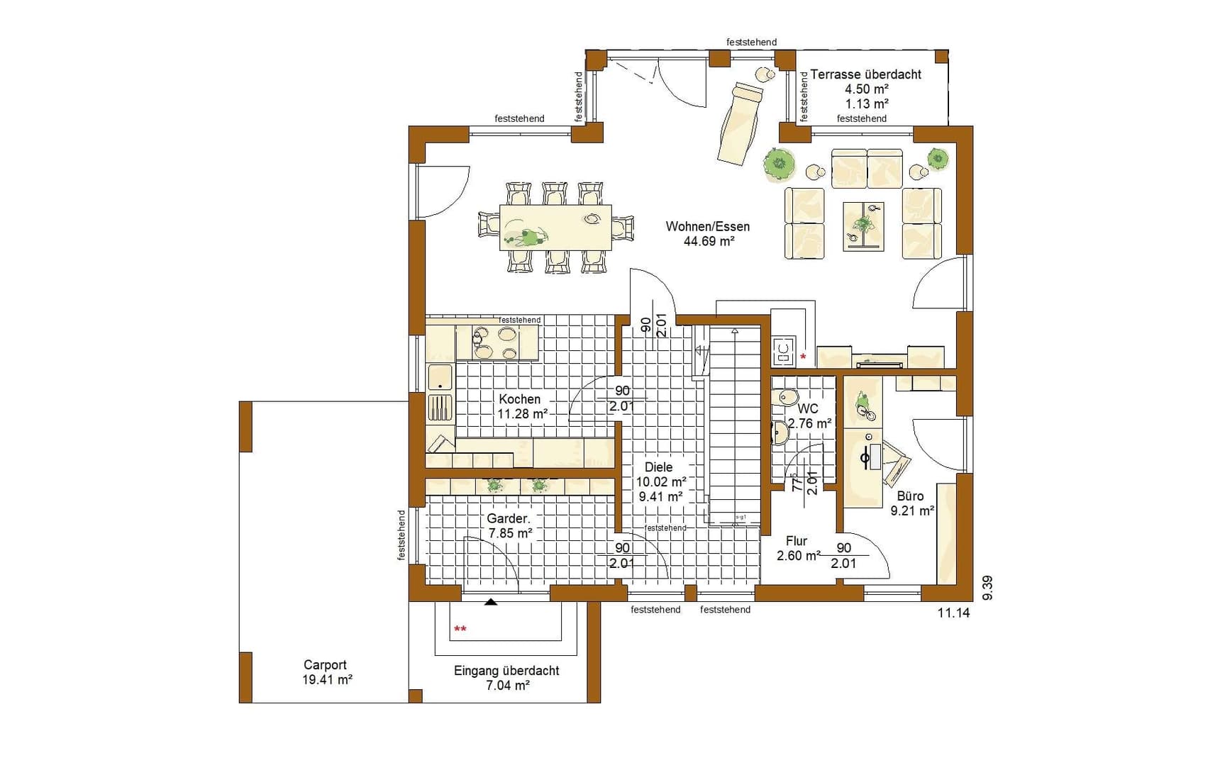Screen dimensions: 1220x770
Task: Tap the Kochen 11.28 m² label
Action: (x=522, y=406)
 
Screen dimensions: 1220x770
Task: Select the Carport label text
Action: (x=326, y=665)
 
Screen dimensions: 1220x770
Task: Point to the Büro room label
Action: (x=910, y=496)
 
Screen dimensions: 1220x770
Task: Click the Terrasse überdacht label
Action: (x=865, y=74)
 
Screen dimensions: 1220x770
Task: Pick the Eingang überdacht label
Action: (x=506, y=671)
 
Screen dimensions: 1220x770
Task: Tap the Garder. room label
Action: (x=509, y=519)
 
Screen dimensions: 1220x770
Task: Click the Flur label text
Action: (x=797, y=541)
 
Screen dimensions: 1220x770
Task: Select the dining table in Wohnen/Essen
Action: (x=555, y=228)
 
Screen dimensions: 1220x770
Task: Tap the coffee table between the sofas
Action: (x=863, y=226)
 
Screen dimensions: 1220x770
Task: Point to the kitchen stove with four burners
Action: (x=495, y=343)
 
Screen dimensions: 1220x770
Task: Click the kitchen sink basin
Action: (x=440, y=377)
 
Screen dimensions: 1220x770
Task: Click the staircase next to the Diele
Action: (x=735, y=425)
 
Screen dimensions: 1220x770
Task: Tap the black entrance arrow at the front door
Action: (x=490, y=602)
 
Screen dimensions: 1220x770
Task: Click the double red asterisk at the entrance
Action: (x=460, y=629)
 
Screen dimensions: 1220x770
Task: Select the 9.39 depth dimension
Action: (x=988, y=588)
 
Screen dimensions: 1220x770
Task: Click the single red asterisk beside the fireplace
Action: (x=803, y=357)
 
